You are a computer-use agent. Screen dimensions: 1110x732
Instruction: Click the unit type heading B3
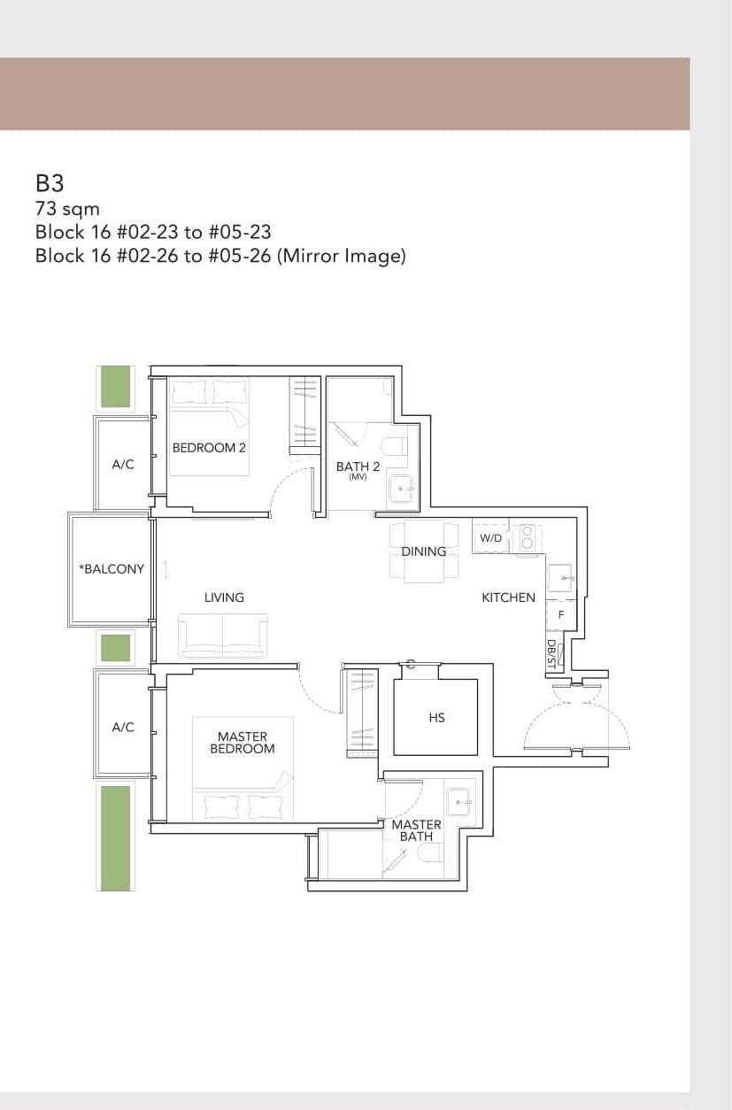tap(50, 183)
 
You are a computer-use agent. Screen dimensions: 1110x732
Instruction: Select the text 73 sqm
tap(67, 210)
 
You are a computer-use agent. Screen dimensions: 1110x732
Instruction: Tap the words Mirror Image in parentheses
tap(342, 257)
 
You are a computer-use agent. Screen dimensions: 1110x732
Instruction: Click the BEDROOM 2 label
tap(209, 448)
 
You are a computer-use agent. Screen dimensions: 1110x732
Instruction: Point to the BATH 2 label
tap(358, 467)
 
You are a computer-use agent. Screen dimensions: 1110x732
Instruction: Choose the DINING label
tap(423, 551)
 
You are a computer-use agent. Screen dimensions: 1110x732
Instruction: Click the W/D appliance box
tap(490, 538)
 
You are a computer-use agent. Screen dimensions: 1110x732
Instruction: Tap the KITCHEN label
tap(508, 597)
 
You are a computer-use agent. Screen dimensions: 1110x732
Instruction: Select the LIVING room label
tap(224, 597)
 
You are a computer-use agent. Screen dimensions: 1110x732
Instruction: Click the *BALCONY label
tap(112, 569)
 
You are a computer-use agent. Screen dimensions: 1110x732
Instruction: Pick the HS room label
tap(436, 718)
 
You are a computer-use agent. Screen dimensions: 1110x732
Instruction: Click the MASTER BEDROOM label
tap(242, 743)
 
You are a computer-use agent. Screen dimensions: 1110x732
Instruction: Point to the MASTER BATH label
tap(416, 830)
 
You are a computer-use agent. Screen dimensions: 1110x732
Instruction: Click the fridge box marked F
tap(560, 615)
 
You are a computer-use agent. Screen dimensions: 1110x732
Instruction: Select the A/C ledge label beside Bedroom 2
tap(123, 465)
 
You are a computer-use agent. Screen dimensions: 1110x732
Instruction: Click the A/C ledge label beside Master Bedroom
tap(123, 728)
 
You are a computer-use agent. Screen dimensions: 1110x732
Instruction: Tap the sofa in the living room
tap(222, 636)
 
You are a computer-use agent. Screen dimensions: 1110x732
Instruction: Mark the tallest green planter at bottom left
tap(115, 837)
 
